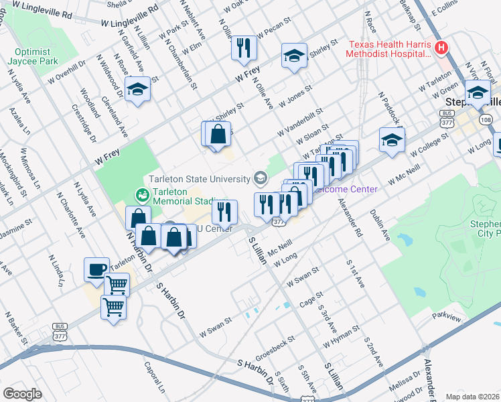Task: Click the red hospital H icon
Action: pyautogui.click(x=441, y=48)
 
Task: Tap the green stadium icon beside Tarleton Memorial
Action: pyautogui.click(x=142, y=194)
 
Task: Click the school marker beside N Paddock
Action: pyautogui.click(x=392, y=139)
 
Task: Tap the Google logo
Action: pyautogui.click(x=23, y=394)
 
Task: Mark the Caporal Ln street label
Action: pyautogui.click(x=153, y=379)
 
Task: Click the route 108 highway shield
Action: pyautogui.click(x=486, y=120)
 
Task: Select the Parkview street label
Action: pyautogui.click(x=447, y=315)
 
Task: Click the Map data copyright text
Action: pyautogui.click(x=473, y=397)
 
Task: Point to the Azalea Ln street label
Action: pyautogui.click(x=21, y=124)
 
